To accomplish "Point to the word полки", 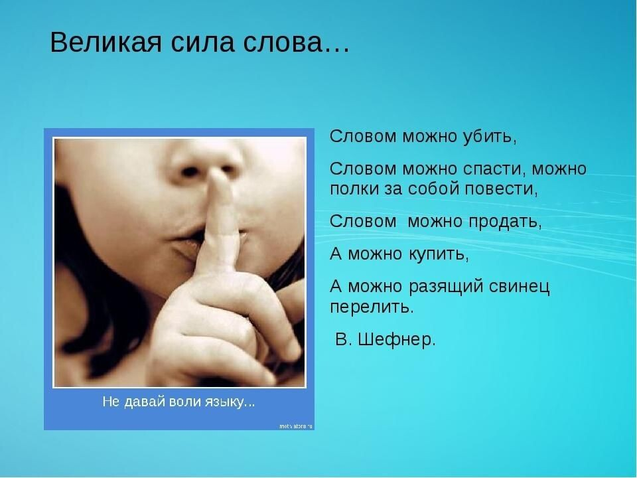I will pos(351,188).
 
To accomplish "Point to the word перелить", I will pos(371,307).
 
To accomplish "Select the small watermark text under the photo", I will pos(295,425).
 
